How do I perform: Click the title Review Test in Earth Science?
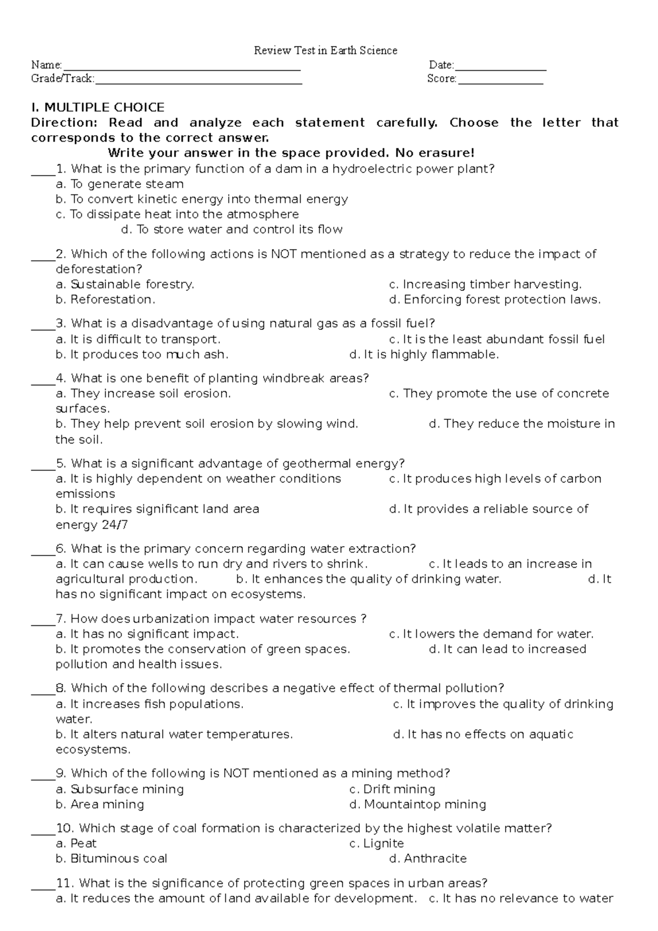pos(325,51)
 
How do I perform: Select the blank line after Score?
pos(500,81)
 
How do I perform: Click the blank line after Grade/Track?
pos(198,81)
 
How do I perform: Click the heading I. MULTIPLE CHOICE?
pos(98,107)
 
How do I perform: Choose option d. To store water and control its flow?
pos(231,229)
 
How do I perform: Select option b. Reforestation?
pos(105,300)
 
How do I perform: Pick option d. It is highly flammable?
pos(424,355)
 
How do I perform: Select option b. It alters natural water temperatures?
pos(174,734)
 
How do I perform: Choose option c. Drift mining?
pos(392,789)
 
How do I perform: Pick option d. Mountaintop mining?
pos(417,805)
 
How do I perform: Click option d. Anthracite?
pos(428,859)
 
